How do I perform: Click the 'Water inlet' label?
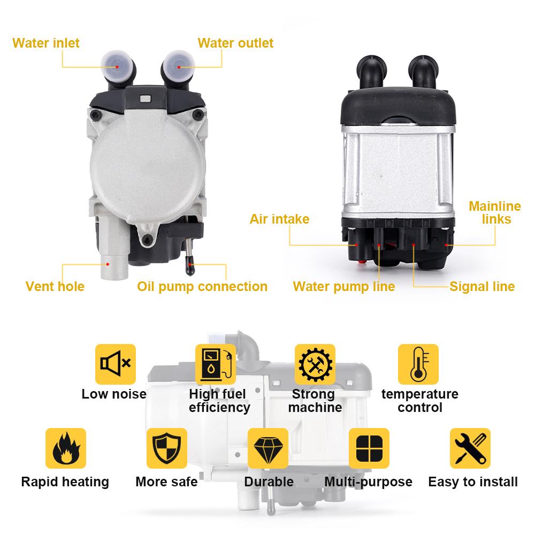(46, 43)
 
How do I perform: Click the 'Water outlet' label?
(235, 43)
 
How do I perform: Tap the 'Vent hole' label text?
(55, 286)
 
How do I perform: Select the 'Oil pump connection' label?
(202, 286)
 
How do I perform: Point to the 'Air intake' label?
(279, 219)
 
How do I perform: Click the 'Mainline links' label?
(495, 212)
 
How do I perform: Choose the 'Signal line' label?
(481, 286)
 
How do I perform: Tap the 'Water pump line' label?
(343, 286)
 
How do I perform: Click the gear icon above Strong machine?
(315, 364)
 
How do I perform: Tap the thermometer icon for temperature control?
(418, 364)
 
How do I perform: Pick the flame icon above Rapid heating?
(66, 448)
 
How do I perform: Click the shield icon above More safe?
(167, 448)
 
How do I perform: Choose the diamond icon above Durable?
(267, 448)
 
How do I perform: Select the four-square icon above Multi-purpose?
(369, 448)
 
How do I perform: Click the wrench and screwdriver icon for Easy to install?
(470, 448)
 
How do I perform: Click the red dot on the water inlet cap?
(117, 66)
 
